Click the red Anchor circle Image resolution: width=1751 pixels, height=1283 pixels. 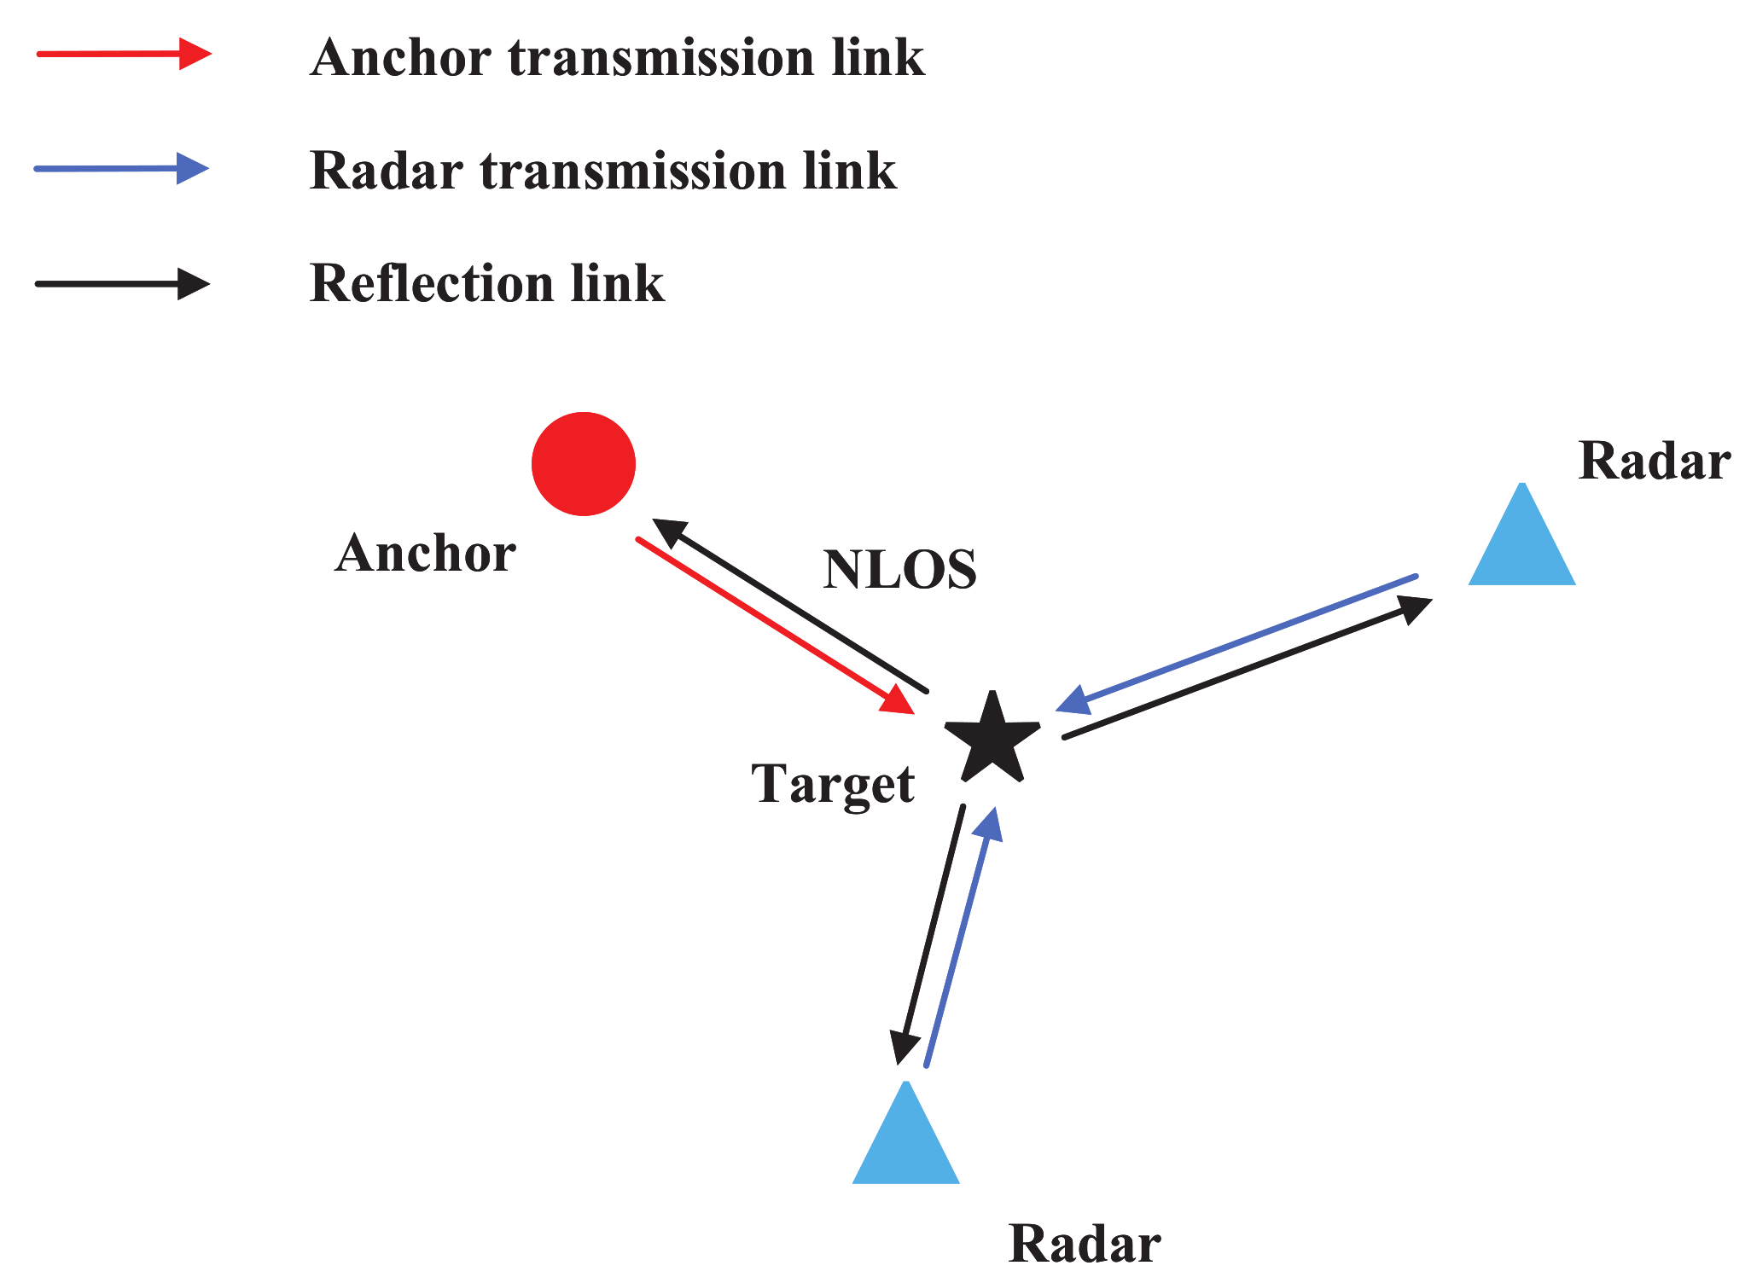584,464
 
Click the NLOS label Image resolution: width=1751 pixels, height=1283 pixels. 899,570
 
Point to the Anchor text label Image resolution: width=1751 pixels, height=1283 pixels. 425,553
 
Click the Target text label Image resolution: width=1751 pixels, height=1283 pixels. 833,783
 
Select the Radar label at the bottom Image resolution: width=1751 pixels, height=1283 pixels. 1084,1244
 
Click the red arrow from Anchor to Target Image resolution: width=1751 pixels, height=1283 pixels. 772,624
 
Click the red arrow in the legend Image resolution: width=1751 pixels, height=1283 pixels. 124,55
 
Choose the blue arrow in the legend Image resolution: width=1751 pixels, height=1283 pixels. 121,169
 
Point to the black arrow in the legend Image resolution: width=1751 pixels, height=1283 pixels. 122,283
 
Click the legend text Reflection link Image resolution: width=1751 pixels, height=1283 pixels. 486,283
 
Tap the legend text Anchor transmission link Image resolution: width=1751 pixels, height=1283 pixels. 617,58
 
